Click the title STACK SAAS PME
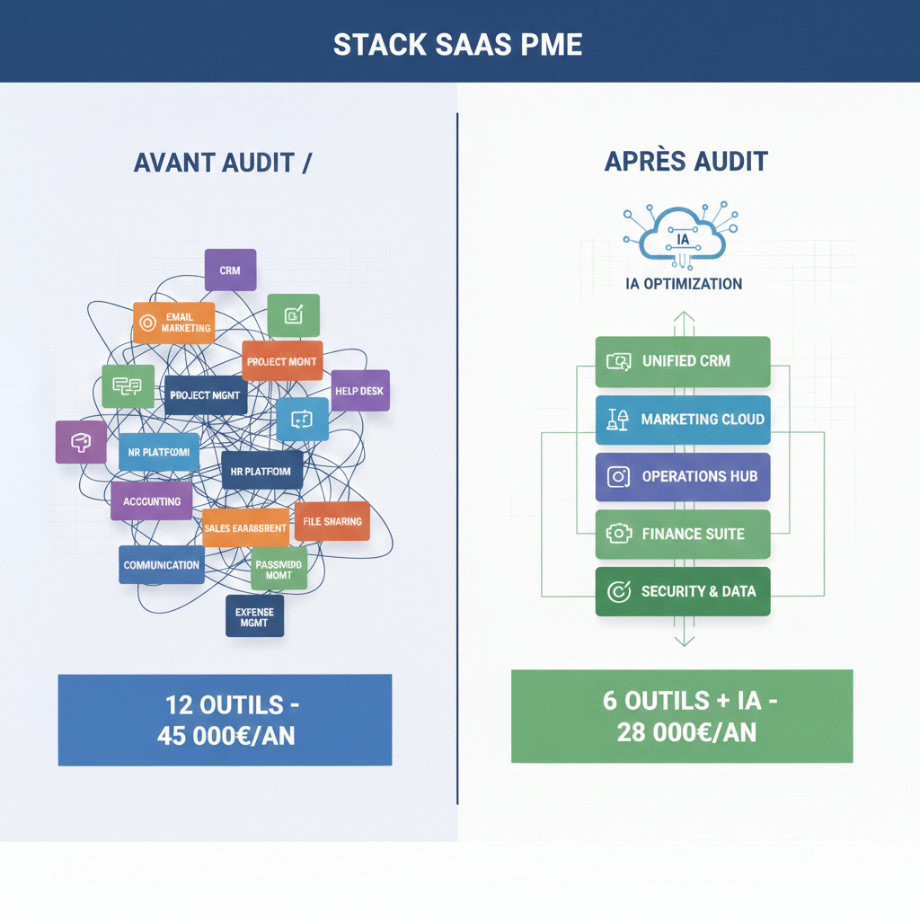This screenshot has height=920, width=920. [x=458, y=44]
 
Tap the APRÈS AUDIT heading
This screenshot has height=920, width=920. [x=686, y=161]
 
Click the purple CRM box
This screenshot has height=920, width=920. [x=230, y=270]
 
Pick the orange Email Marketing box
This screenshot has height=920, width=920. [x=174, y=323]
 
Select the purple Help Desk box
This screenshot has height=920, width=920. [x=359, y=391]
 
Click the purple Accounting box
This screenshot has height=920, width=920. [x=152, y=500]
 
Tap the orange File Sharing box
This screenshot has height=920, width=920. [x=332, y=521]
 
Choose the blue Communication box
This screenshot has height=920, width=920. [x=162, y=565]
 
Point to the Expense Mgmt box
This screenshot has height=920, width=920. [x=254, y=616]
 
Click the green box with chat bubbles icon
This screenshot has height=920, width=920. [x=128, y=386]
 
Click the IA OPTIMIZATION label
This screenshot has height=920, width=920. [x=684, y=284]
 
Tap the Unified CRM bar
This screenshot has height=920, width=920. [x=683, y=361]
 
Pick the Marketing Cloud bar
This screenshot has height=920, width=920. [x=683, y=420]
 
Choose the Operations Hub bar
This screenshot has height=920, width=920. [x=683, y=477]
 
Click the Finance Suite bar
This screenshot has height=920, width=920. [x=683, y=534]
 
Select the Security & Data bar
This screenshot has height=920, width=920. [x=683, y=591]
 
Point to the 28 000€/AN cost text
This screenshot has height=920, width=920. [x=686, y=731]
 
